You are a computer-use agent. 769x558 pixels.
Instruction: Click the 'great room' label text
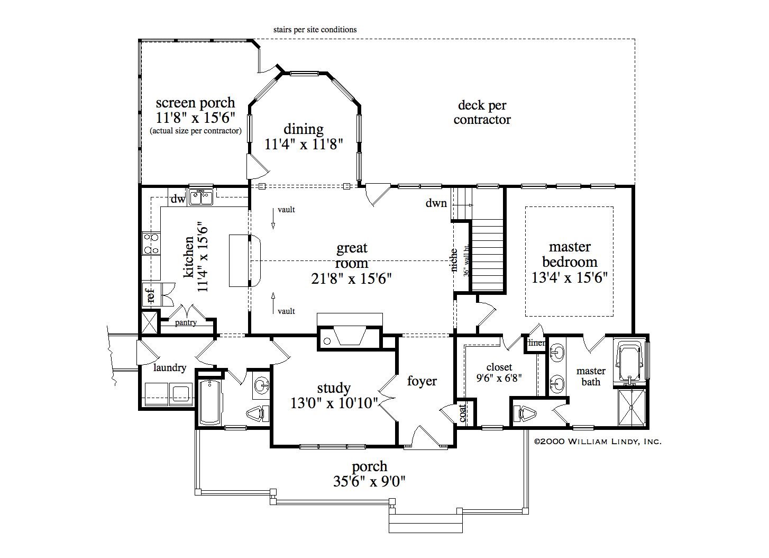pos(352,255)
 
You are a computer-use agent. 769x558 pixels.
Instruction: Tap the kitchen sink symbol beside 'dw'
pos(201,198)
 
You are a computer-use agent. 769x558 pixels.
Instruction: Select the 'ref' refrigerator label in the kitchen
pos(150,295)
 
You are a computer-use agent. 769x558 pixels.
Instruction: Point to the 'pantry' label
pos(186,322)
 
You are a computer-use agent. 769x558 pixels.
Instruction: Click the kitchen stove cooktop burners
pos(151,244)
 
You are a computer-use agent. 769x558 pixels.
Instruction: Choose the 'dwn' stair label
pos(436,203)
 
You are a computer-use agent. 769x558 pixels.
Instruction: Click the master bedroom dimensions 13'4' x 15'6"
pos(570,277)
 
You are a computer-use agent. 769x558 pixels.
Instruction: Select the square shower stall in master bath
pos(632,407)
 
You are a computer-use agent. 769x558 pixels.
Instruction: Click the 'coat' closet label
pos(463,413)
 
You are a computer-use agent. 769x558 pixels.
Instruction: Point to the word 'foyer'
pos(422,381)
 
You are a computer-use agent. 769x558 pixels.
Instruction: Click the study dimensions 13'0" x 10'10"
pos(334,403)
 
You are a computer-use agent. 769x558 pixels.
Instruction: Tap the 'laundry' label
pos(170,368)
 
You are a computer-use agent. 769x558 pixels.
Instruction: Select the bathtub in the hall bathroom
pos(211,402)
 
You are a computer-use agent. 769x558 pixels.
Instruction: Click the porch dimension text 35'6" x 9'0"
pos(369,481)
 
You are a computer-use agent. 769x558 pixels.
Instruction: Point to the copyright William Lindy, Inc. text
pos(598,442)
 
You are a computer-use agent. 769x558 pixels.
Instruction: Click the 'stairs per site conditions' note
pos(315,30)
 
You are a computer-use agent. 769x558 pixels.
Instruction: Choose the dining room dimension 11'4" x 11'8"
pos(304,145)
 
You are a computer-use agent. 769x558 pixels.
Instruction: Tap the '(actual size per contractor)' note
pos(196,131)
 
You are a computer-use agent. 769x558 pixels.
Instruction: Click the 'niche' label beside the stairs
pos(454,260)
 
